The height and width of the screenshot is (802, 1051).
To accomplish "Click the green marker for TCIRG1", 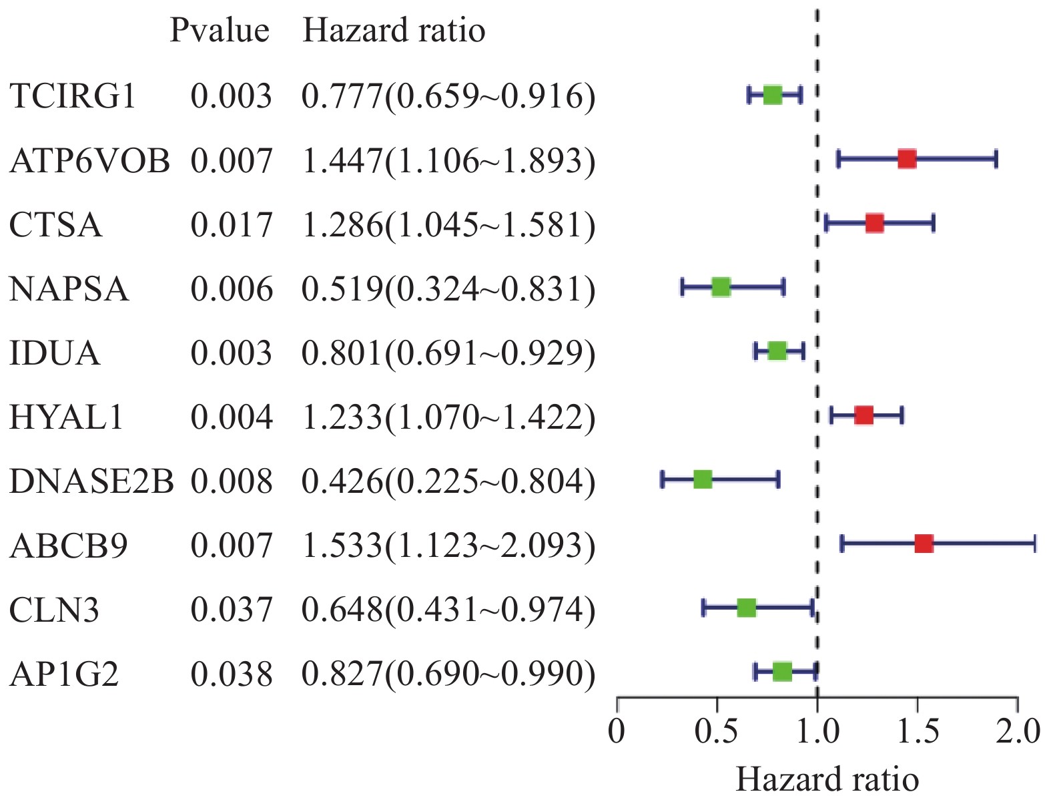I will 772,95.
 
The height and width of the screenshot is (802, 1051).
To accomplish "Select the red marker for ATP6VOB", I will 906,160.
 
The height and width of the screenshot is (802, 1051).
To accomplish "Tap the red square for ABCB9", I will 924,544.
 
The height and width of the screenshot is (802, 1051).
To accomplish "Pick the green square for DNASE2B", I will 703,479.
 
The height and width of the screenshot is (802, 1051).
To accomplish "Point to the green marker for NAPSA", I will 721,288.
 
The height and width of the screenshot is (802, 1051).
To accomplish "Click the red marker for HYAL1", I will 863,415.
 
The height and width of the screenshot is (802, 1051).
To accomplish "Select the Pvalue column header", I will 219,31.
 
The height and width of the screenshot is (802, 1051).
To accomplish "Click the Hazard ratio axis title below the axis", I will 827,779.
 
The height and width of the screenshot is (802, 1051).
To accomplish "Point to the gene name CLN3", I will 55,610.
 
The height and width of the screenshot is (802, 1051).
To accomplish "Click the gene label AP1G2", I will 64,674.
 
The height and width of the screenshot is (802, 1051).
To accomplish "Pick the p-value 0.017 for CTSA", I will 232,225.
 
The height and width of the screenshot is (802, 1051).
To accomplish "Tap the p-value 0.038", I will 232,674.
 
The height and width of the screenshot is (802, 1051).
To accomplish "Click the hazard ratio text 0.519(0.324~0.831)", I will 448,289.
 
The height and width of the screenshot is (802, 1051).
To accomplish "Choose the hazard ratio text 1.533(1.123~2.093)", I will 448,546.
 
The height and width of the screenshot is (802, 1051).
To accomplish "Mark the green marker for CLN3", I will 747,608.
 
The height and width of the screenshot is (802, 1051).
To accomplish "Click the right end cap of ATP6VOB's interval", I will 996,160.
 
